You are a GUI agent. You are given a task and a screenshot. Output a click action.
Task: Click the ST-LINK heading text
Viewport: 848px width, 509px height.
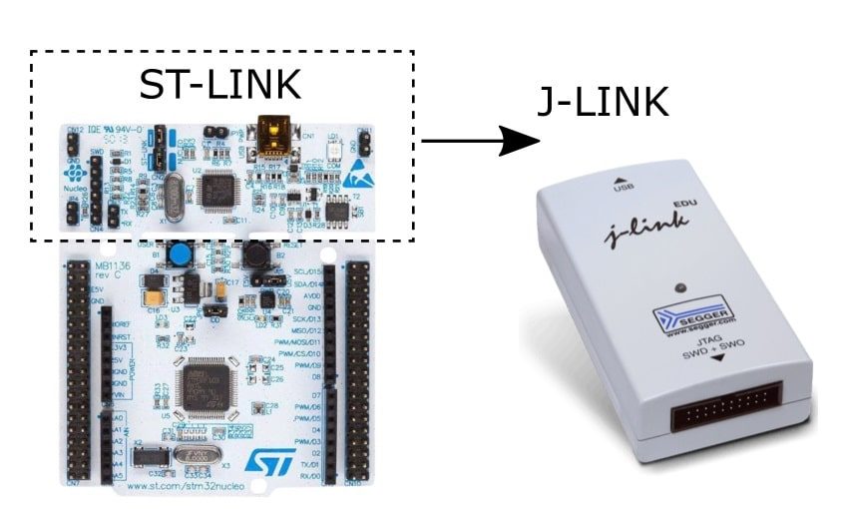pyautogui.click(x=218, y=85)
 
